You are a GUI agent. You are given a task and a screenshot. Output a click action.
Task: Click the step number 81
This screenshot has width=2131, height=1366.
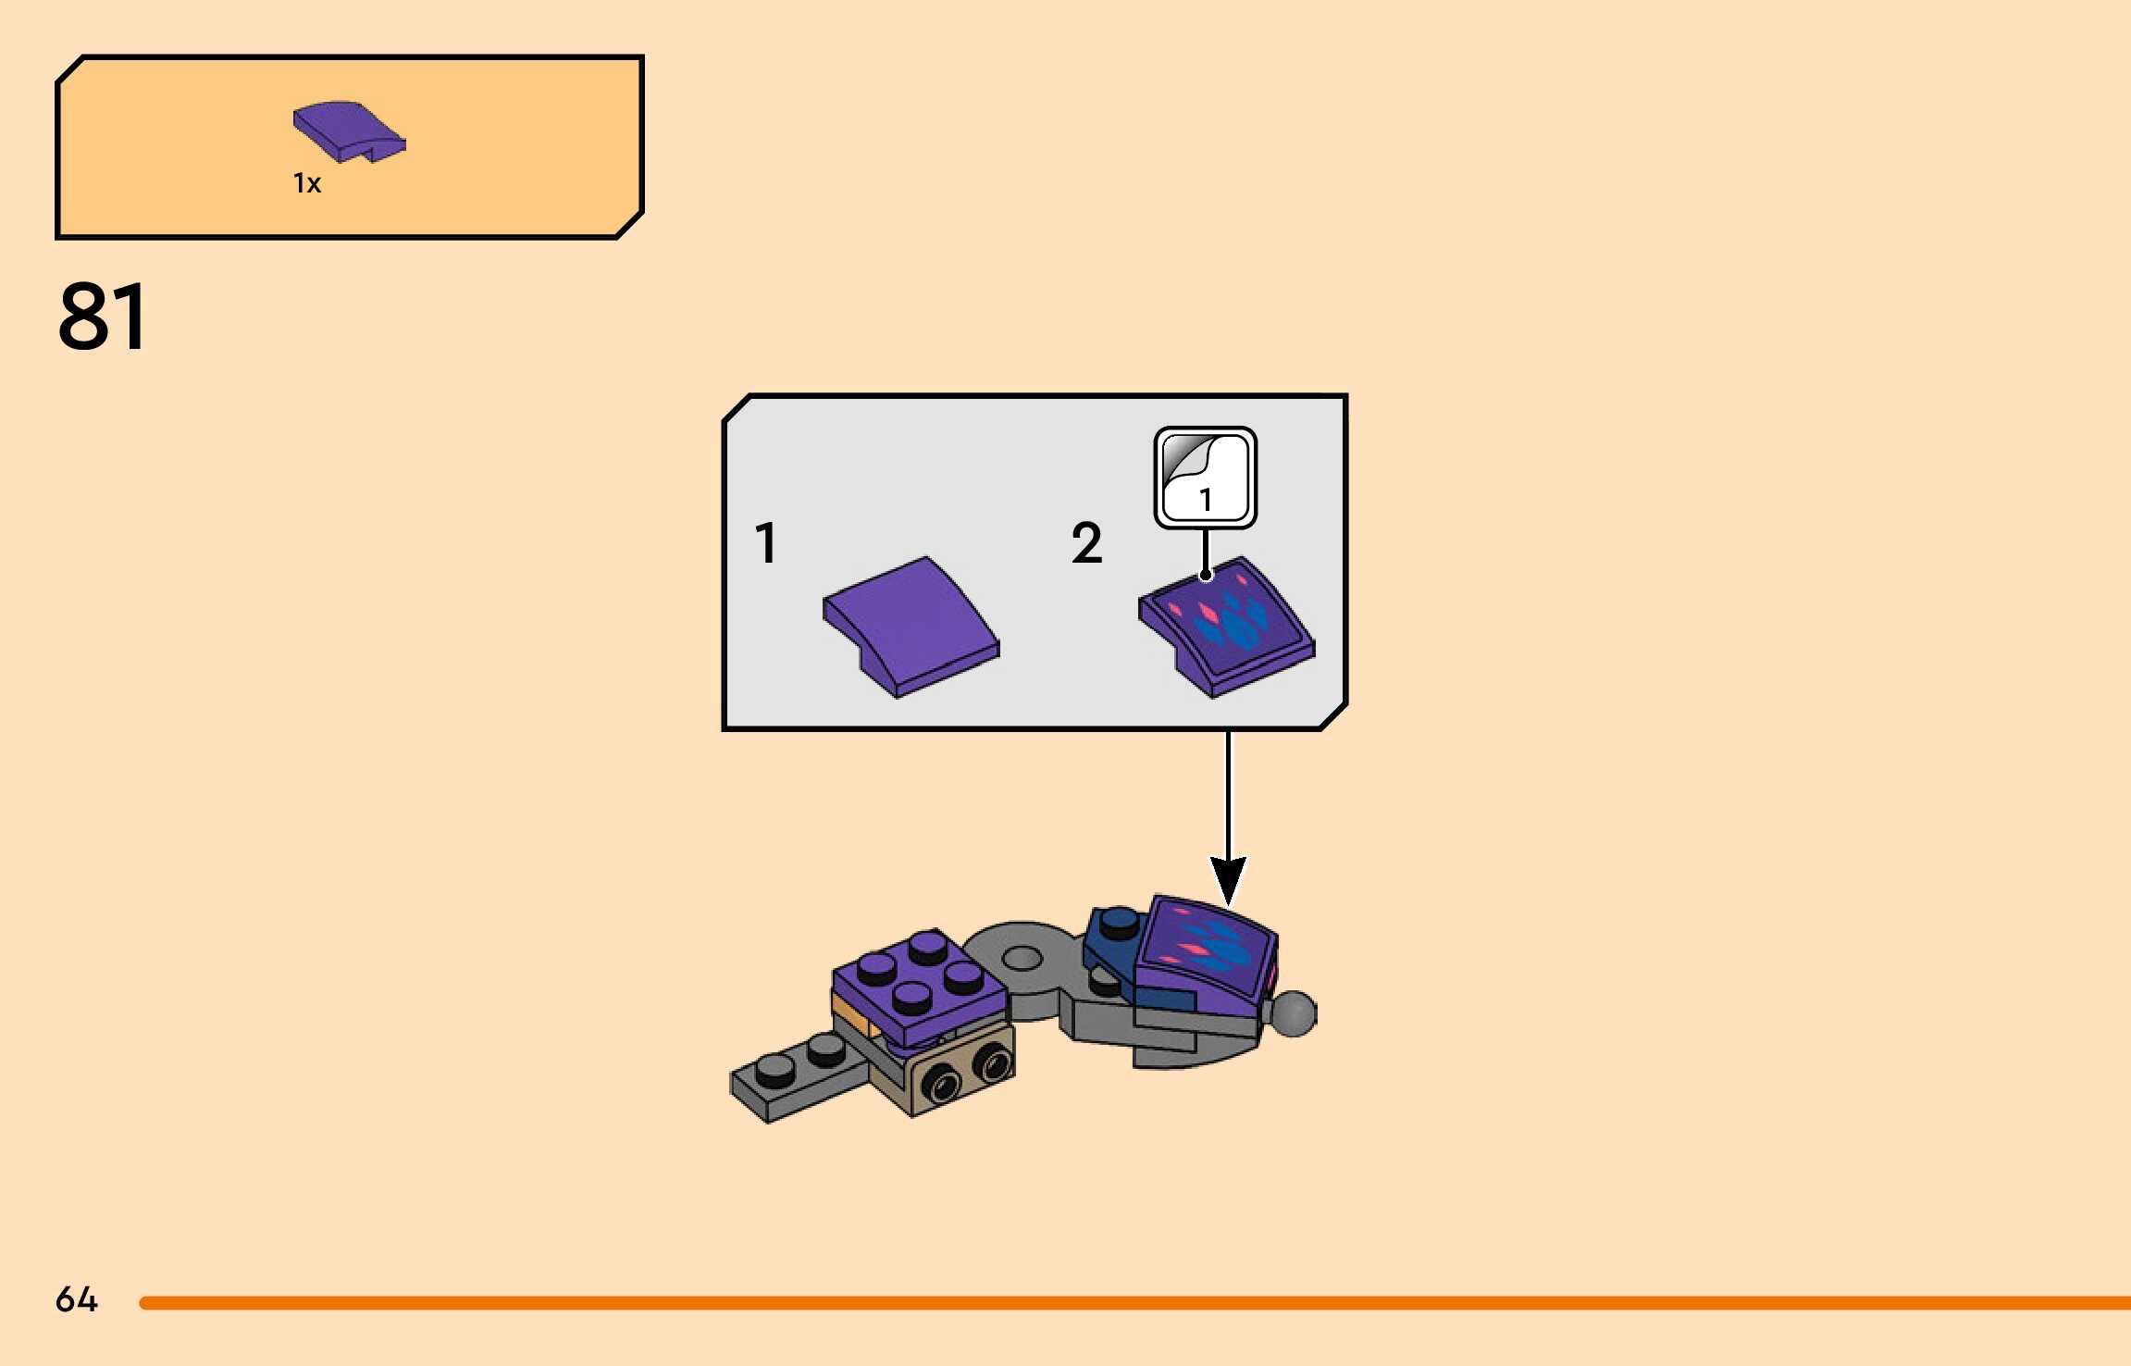tap(103, 317)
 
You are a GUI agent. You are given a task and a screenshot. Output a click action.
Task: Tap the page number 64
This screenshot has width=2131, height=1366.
tap(76, 1299)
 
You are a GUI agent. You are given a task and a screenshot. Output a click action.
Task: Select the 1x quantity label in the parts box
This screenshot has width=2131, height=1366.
tap(307, 183)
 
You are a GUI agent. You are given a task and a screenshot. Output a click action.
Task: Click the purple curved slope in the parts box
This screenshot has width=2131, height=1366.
tap(348, 131)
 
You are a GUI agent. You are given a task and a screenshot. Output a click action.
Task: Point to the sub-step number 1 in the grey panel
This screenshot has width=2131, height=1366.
tap(765, 542)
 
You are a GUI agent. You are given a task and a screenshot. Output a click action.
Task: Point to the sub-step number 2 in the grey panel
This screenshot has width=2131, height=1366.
tap(1086, 542)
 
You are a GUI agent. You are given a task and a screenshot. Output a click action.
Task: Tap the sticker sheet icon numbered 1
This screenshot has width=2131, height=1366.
tap(1205, 478)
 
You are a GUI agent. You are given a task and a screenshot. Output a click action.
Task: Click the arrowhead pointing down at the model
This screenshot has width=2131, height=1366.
tap(1228, 879)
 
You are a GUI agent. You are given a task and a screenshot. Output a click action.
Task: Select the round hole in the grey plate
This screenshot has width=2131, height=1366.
tap(1022, 957)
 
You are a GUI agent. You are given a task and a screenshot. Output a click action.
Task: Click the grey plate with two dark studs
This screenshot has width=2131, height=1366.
tap(796, 1078)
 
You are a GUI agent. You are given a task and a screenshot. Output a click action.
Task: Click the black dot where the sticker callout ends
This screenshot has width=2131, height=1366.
tap(1206, 576)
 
